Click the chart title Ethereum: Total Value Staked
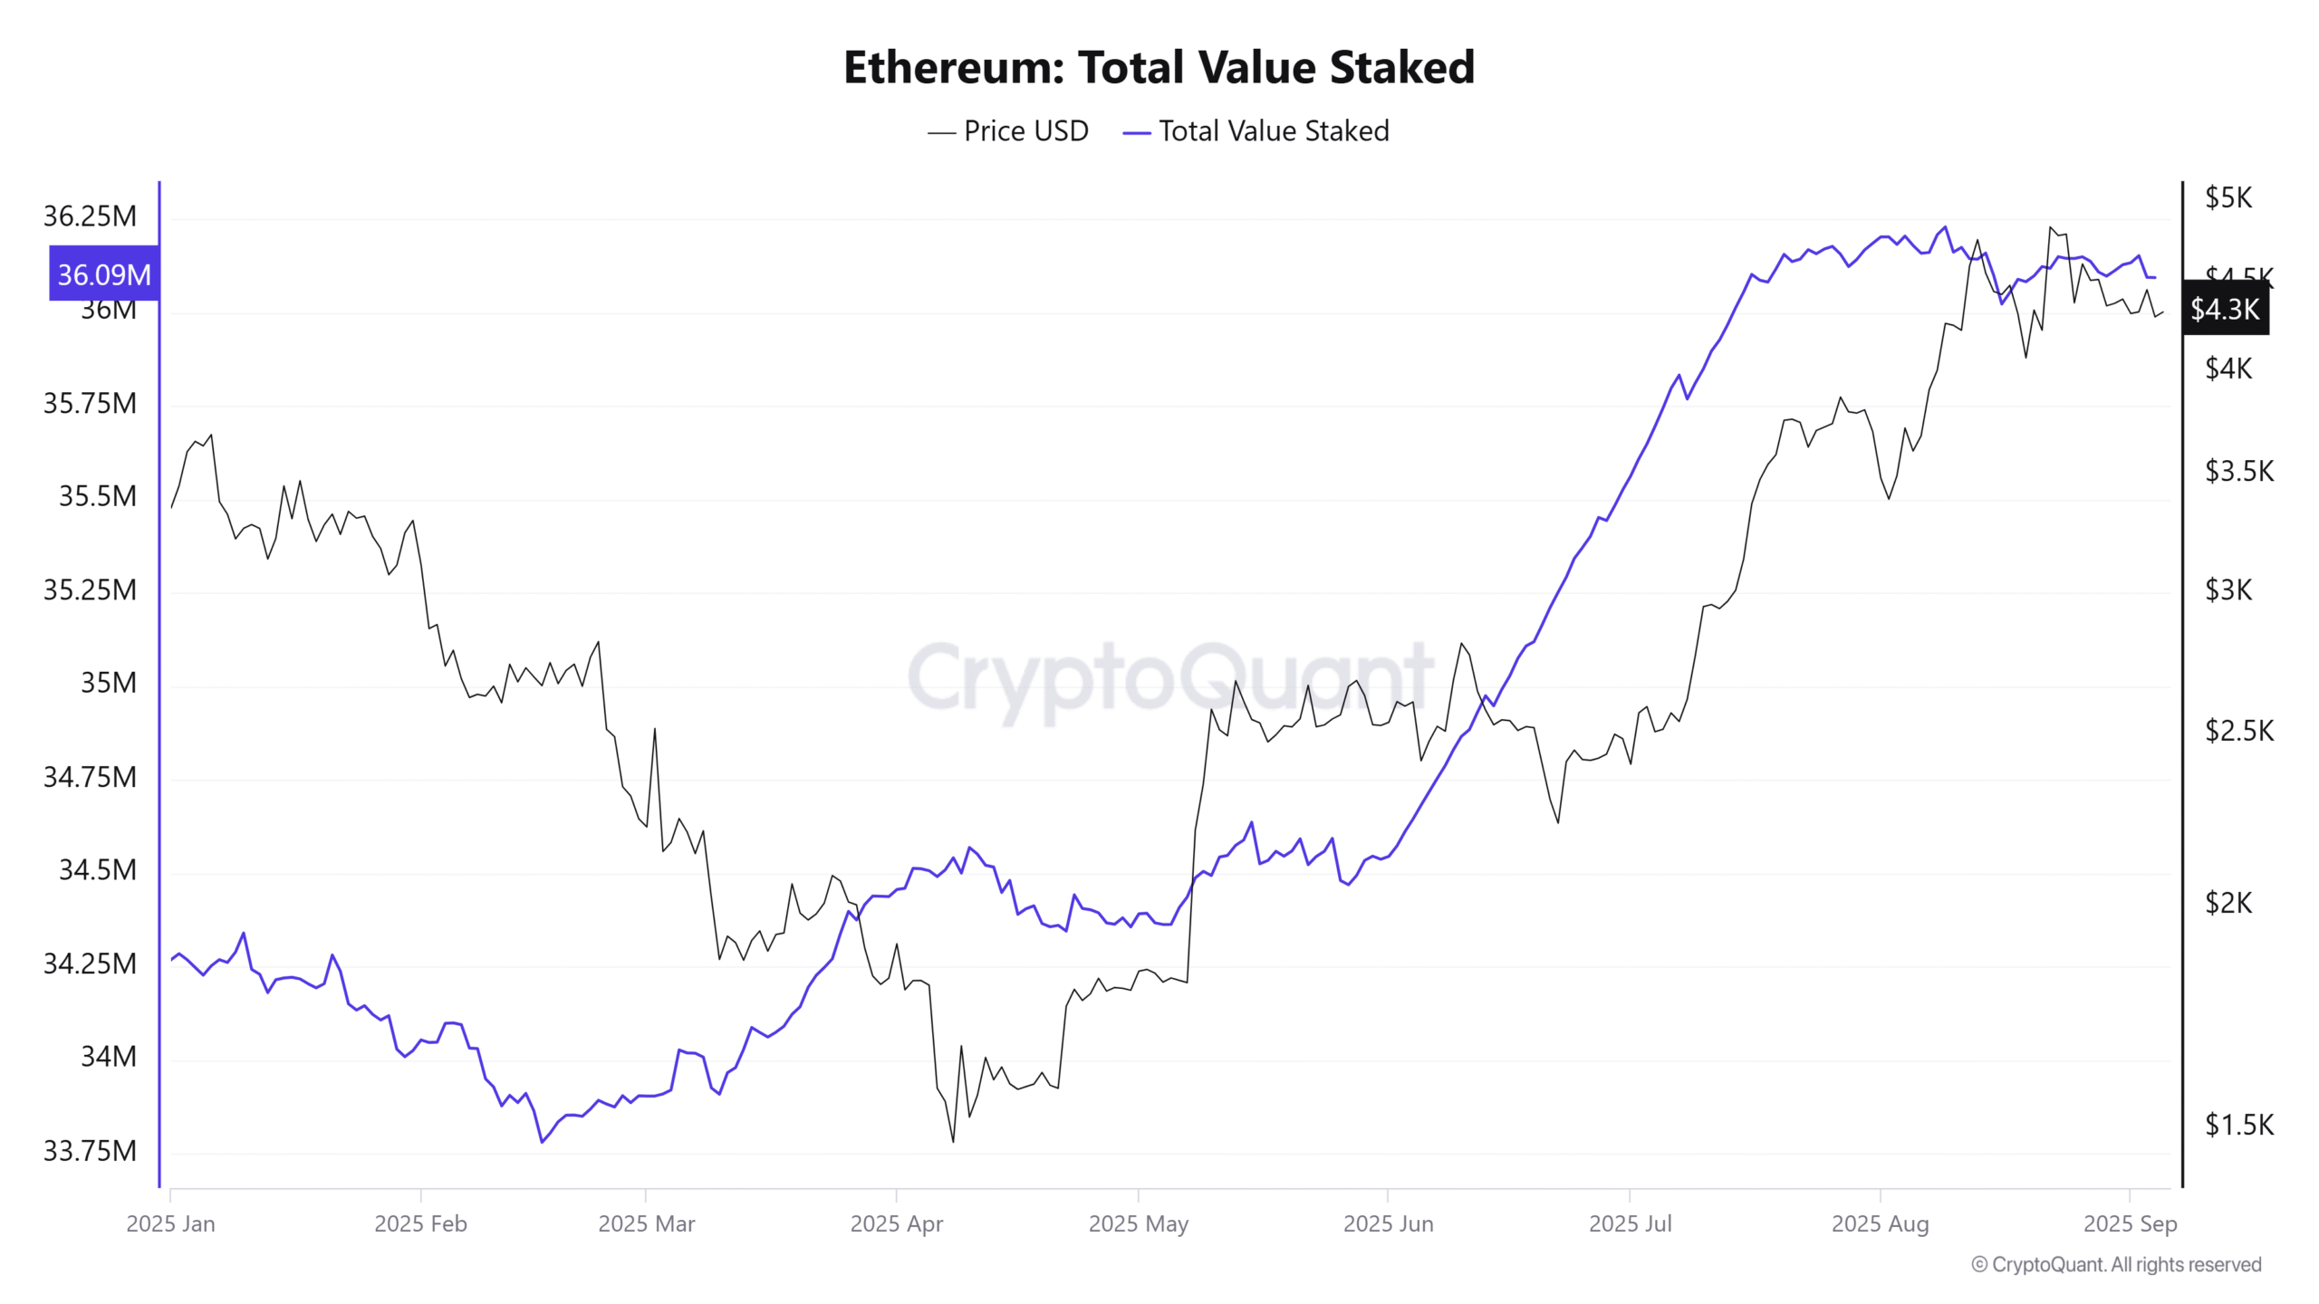[x=1159, y=67]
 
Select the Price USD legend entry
[x=1007, y=131]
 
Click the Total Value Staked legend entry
[x=1256, y=131]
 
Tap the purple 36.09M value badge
[x=104, y=273]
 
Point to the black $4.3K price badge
[x=2225, y=309]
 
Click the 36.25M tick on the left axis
[x=90, y=216]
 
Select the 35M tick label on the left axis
[x=109, y=683]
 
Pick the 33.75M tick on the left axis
[x=90, y=1151]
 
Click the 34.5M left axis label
[x=98, y=870]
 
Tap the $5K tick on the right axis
[x=2228, y=197]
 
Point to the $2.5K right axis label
[x=2239, y=731]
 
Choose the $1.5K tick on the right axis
[x=2239, y=1126]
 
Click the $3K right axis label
[x=2228, y=590]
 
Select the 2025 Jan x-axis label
[x=170, y=1223]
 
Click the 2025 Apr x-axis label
[x=896, y=1223]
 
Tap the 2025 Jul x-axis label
[x=1630, y=1223]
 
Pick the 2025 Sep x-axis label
[x=2130, y=1223]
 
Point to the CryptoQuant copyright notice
[x=2116, y=1264]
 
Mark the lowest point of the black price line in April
[x=953, y=1141]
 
